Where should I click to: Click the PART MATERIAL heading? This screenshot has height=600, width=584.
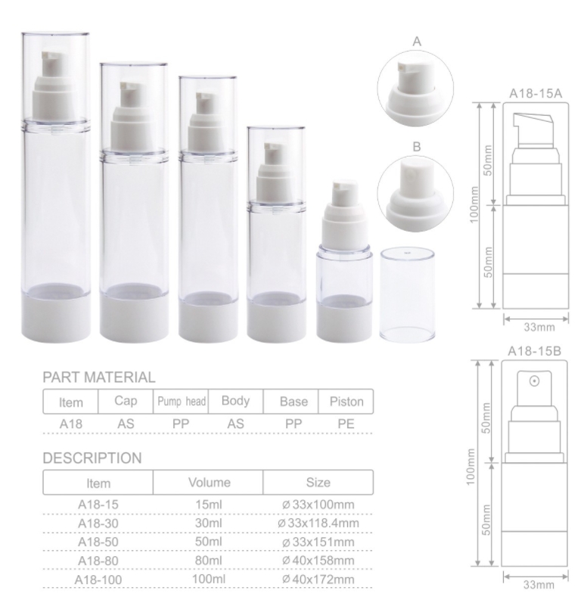click(x=99, y=378)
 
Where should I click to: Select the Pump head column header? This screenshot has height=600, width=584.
click(x=182, y=402)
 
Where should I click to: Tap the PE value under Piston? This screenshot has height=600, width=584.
click(x=346, y=424)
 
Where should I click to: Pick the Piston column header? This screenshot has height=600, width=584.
click(x=346, y=402)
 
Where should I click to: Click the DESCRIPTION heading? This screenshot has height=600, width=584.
click(x=92, y=458)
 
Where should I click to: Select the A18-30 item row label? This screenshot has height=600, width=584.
click(x=98, y=523)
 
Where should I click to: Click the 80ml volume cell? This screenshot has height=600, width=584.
click(x=208, y=560)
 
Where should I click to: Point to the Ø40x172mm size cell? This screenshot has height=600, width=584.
click(x=318, y=580)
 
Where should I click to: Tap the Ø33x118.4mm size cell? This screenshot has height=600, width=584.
click(x=318, y=523)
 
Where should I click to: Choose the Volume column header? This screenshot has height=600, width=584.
click(x=210, y=482)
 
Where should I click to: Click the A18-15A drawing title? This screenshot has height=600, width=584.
click(x=536, y=93)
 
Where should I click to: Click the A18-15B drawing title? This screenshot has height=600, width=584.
click(x=534, y=351)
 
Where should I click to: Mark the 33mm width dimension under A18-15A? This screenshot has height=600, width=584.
click(x=539, y=327)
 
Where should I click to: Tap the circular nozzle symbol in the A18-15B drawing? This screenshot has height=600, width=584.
click(x=534, y=381)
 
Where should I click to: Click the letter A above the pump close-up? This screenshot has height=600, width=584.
click(x=417, y=42)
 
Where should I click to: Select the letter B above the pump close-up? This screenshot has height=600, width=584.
click(x=417, y=147)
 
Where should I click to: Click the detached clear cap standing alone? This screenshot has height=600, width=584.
click(x=408, y=294)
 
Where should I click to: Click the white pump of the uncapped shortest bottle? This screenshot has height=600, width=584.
click(x=343, y=216)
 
